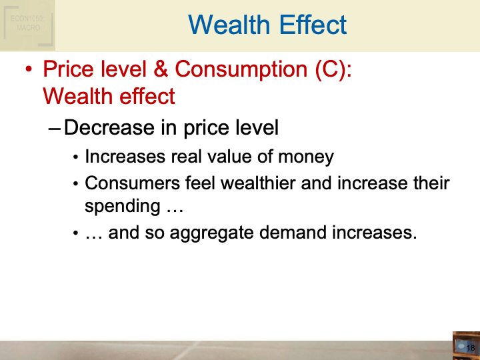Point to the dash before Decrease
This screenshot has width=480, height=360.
(55, 127)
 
